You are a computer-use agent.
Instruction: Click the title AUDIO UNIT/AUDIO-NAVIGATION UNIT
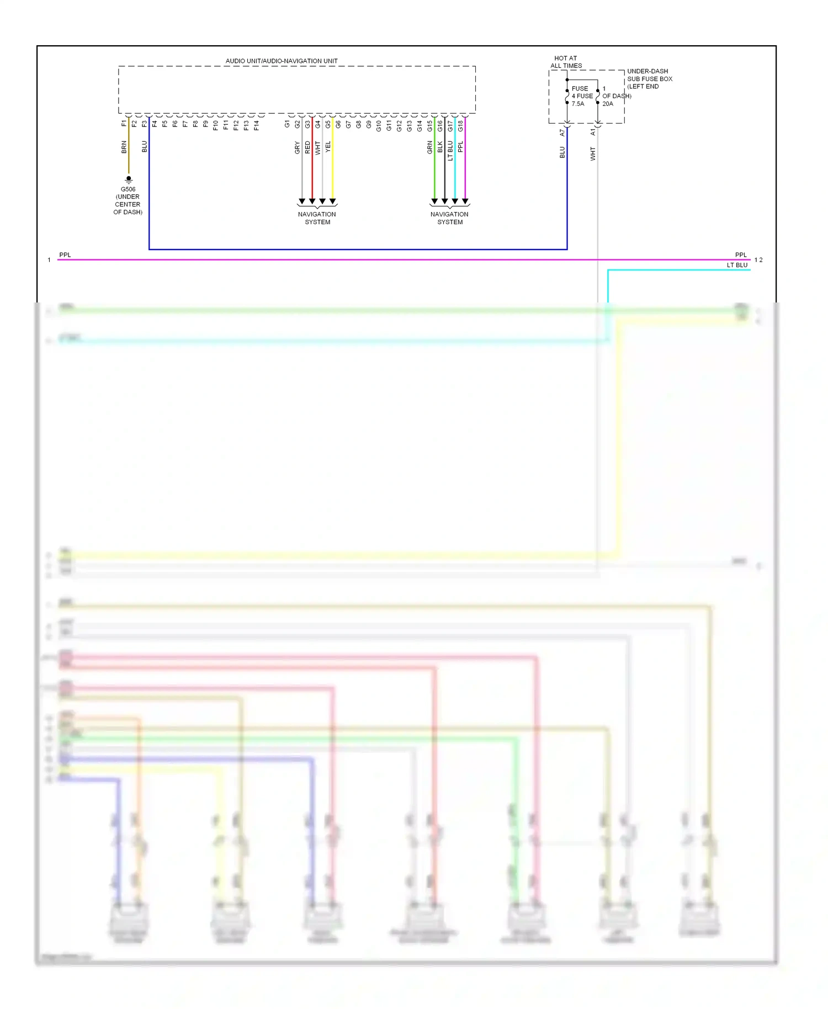[x=282, y=61]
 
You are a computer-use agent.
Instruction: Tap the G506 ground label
[x=128, y=189]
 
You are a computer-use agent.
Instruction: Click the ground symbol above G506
[x=129, y=179]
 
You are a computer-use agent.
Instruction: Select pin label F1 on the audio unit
[x=124, y=124]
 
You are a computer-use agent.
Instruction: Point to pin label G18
[x=460, y=126]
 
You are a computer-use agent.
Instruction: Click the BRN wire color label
[x=124, y=147]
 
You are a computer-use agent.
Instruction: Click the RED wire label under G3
[x=307, y=147]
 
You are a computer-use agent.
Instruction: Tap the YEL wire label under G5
[x=328, y=147]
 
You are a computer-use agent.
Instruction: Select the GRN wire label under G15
[x=429, y=147]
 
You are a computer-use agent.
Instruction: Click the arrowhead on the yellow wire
[x=332, y=201]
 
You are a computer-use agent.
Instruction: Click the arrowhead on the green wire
[x=434, y=201]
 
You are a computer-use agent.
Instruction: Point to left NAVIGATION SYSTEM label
[x=317, y=218]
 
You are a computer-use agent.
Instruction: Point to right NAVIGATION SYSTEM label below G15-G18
[x=449, y=218]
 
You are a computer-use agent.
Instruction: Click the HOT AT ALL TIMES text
[x=566, y=62]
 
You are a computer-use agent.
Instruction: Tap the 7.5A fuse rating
[x=578, y=104]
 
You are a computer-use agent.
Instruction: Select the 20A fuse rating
[x=608, y=104]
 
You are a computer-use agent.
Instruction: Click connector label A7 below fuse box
[x=562, y=133]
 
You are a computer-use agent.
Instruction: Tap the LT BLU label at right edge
[x=737, y=265]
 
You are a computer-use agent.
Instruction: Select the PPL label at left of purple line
[x=65, y=255]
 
